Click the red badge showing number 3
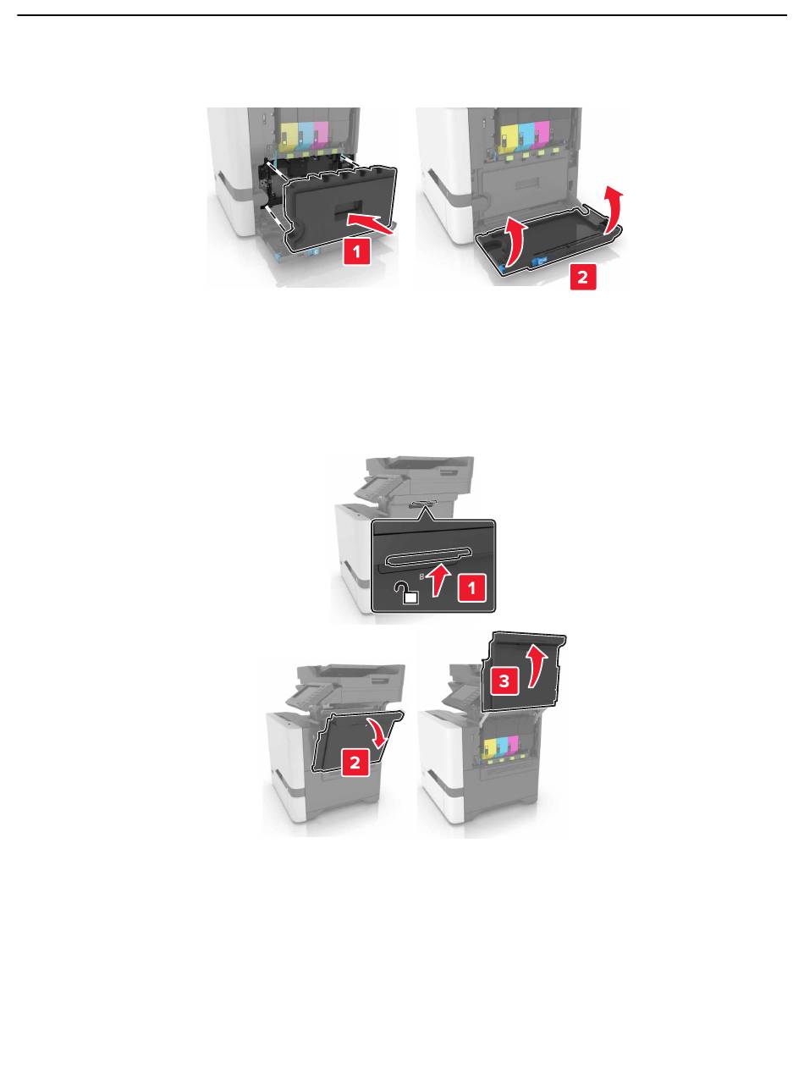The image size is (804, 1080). click(x=504, y=681)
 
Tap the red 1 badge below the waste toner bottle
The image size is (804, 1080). click(x=357, y=251)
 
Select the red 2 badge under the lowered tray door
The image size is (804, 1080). click(x=582, y=277)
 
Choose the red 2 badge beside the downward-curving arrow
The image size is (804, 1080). click(x=355, y=762)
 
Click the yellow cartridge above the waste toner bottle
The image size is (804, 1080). click(x=289, y=135)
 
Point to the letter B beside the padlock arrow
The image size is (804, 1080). click(x=422, y=577)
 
